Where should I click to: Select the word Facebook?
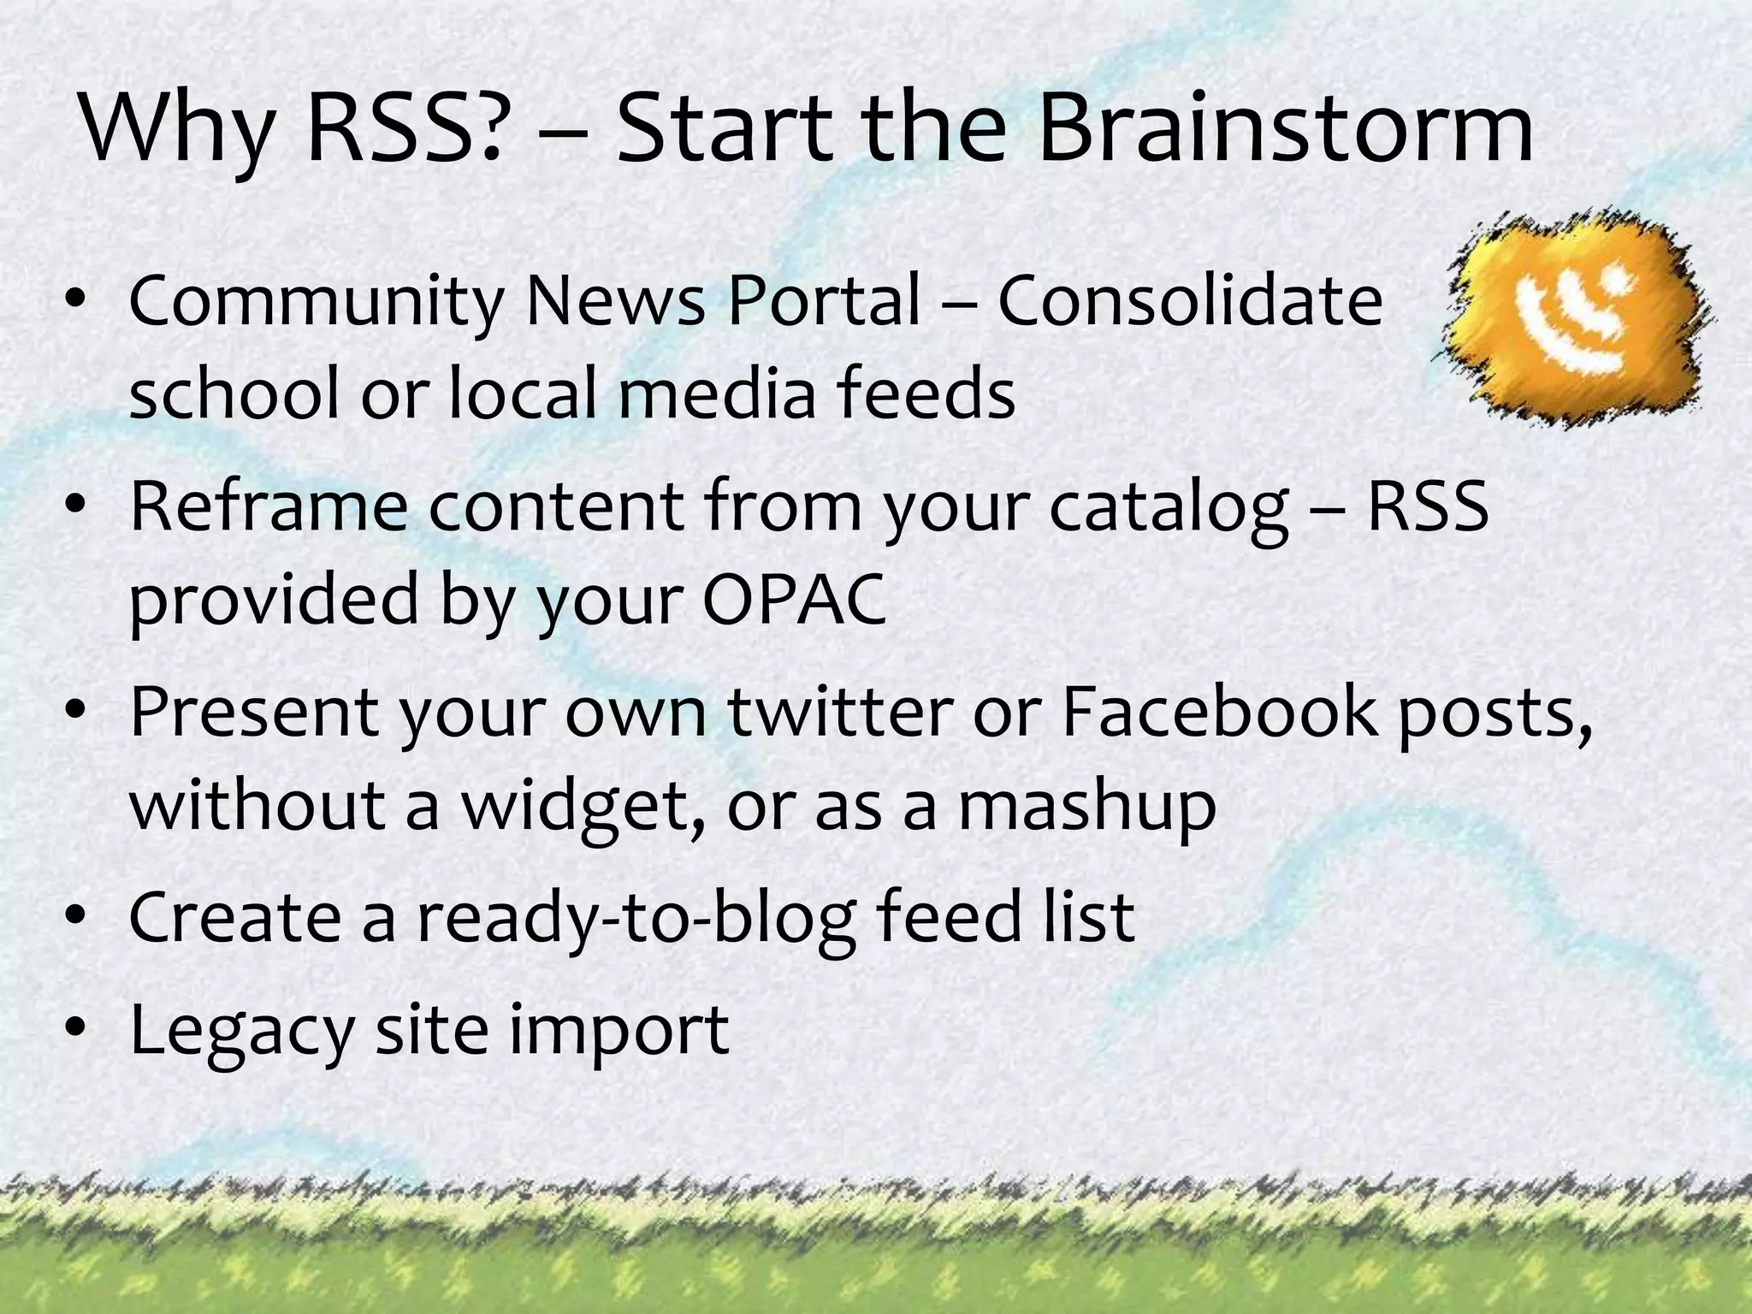coord(1219,711)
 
